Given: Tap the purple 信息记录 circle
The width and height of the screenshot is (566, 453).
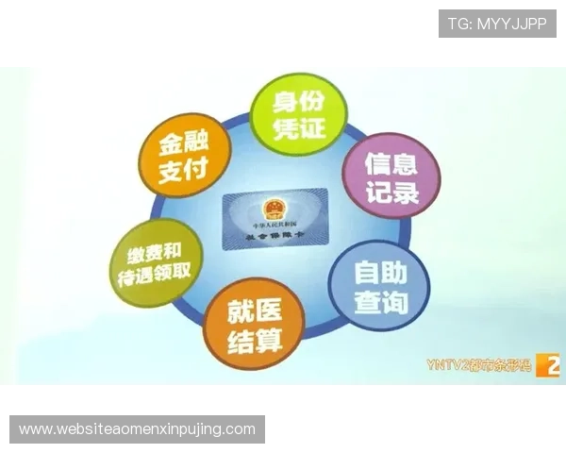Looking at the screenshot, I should point(391,176).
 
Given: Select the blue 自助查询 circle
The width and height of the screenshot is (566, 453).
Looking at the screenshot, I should point(380,286).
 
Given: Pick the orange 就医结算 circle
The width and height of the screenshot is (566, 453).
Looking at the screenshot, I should point(255,324).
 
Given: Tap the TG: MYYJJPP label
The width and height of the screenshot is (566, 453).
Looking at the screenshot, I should point(497,24).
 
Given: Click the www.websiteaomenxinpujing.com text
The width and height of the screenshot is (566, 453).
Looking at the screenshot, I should point(138,429).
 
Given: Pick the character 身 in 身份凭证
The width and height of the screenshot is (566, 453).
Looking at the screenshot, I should point(284,102).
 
